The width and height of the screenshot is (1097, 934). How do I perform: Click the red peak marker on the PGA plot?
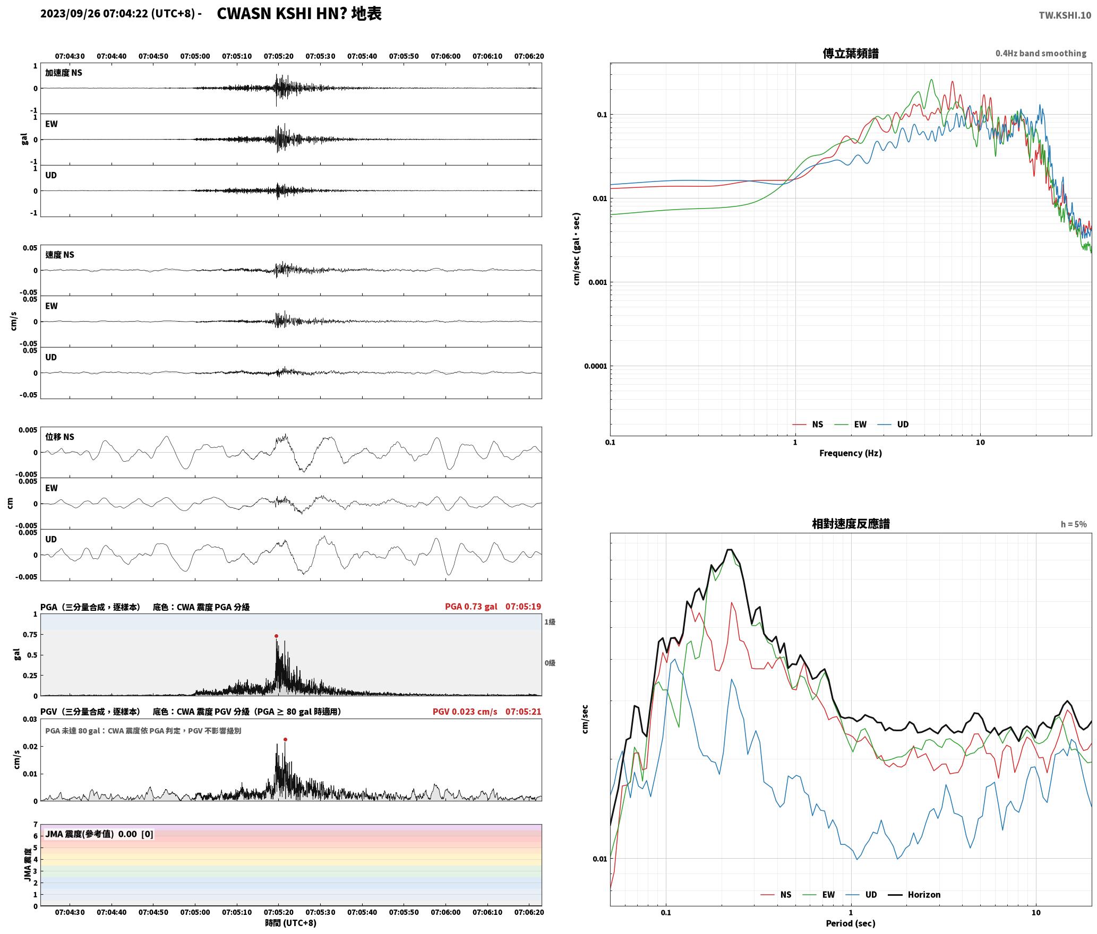point(276,636)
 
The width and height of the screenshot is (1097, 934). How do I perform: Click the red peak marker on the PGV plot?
point(285,739)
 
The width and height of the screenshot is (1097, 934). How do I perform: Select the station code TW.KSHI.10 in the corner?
point(1065,15)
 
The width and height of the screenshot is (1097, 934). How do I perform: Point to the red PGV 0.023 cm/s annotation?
point(465,712)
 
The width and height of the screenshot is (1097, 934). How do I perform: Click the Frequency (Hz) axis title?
point(850,453)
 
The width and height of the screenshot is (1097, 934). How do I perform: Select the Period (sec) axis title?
point(850,923)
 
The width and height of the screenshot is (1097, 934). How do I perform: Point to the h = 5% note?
point(1074,524)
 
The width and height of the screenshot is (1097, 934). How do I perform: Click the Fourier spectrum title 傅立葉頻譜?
point(850,54)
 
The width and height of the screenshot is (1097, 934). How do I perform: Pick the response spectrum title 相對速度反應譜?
point(851,524)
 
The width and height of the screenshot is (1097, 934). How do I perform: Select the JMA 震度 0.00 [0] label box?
point(99,834)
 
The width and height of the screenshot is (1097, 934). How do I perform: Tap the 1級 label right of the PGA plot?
point(550,622)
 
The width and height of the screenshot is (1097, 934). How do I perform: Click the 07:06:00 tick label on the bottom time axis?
point(445,912)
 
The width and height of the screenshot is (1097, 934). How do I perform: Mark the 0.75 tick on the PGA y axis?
point(30,635)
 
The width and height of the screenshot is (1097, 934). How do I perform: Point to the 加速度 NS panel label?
point(64,73)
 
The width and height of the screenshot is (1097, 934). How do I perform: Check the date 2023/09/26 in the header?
point(70,14)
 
